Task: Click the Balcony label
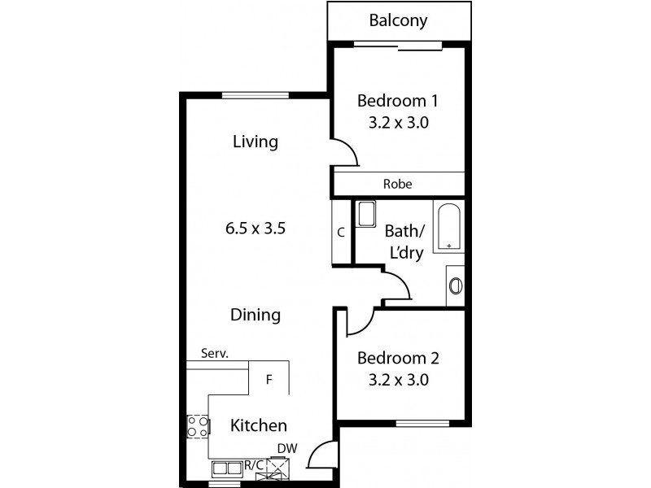pyautogui.click(x=398, y=21)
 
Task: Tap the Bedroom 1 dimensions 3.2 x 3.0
pyautogui.click(x=398, y=124)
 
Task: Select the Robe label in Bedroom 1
pyautogui.click(x=397, y=185)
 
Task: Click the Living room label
pyautogui.click(x=255, y=142)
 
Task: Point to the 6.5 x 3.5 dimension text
pyautogui.click(x=256, y=229)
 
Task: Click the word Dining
pyautogui.click(x=255, y=315)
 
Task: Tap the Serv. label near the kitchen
pyautogui.click(x=214, y=354)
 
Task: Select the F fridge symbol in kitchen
pyautogui.click(x=269, y=378)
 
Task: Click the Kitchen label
pyautogui.click(x=258, y=425)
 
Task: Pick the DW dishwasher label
pyautogui.click(x=286, y=448)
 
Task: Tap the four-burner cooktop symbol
pyautogui.click(x=198, y=426)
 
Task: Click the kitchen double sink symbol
pyautogui.click(x=228, y=468)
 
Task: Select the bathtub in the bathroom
pyautogui.click(x=448, y=229)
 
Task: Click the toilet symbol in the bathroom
pyautogui.click(x=456, y=285)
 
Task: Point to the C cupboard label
pyautogui.click(x=341, y=232)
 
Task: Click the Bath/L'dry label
pyautogui.click(x=403, y=242)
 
